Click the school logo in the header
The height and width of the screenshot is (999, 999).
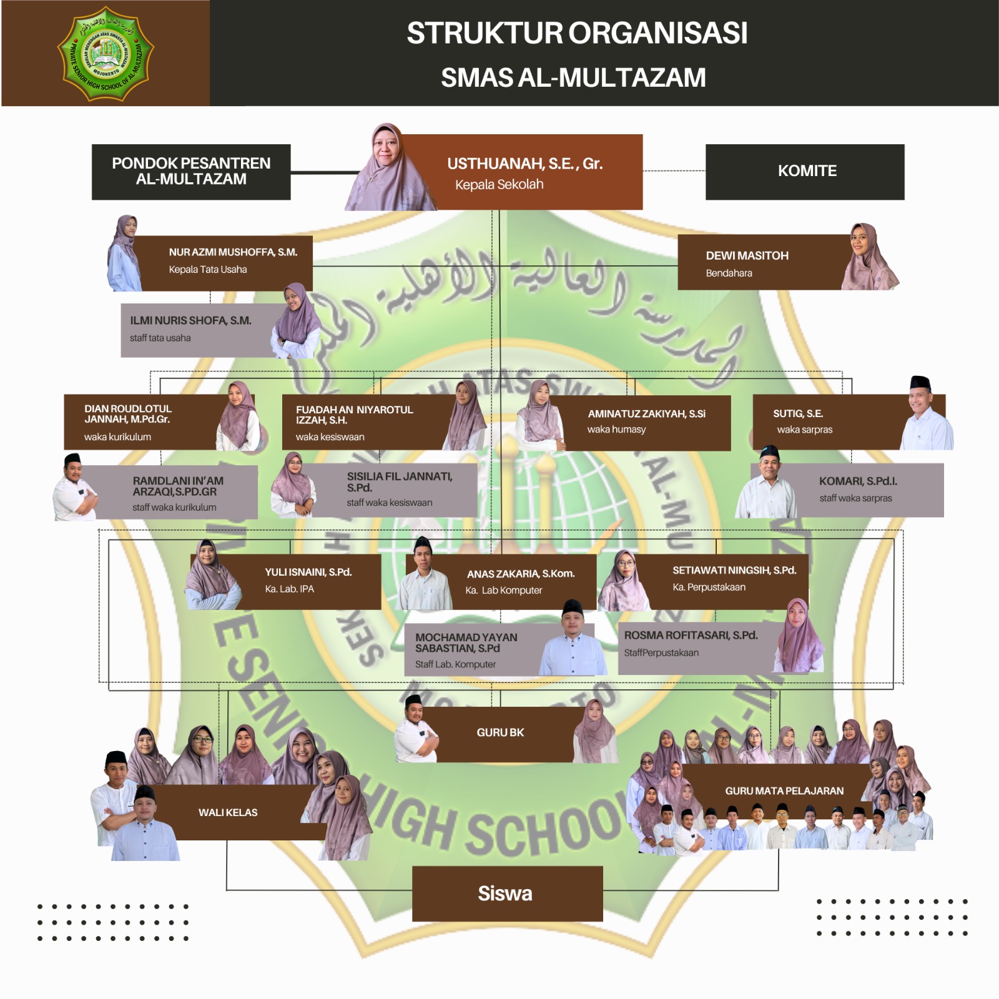click(x=106, y=54)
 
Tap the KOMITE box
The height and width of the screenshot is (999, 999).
click(x=806, y=172)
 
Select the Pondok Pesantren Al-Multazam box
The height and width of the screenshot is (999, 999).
click(x=191, y=172)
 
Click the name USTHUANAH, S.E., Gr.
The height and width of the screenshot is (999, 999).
click(x=524, y=164)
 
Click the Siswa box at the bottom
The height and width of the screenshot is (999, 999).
click(x=506, y=893)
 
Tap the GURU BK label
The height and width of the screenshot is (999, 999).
click(x=500, y=733)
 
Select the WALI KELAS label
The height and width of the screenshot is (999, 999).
click(x=228, y=813)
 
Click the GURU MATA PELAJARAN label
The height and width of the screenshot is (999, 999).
click(x=784, y=791)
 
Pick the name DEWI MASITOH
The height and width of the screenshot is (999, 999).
click(x=747, y=256)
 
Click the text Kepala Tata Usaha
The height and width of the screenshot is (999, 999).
click(x=207, y=270)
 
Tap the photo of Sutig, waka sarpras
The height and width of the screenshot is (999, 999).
click(x=926, y=415)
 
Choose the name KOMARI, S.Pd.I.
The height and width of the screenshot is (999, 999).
click(x=857, y=481)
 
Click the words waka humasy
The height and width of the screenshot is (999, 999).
click(x=616, y=430)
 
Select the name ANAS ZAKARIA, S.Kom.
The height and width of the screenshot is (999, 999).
click(x=521, y=574)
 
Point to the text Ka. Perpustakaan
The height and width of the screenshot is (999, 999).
click(x=709, y=588)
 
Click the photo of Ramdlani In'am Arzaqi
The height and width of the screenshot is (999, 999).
click(x=75, y=489)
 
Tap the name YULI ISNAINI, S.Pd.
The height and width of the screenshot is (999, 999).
click(x=308, y=573)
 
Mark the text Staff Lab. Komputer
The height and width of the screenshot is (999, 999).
click(x=455, y=665)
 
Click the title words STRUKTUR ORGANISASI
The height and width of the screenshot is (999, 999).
click(x=576, y=34)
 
